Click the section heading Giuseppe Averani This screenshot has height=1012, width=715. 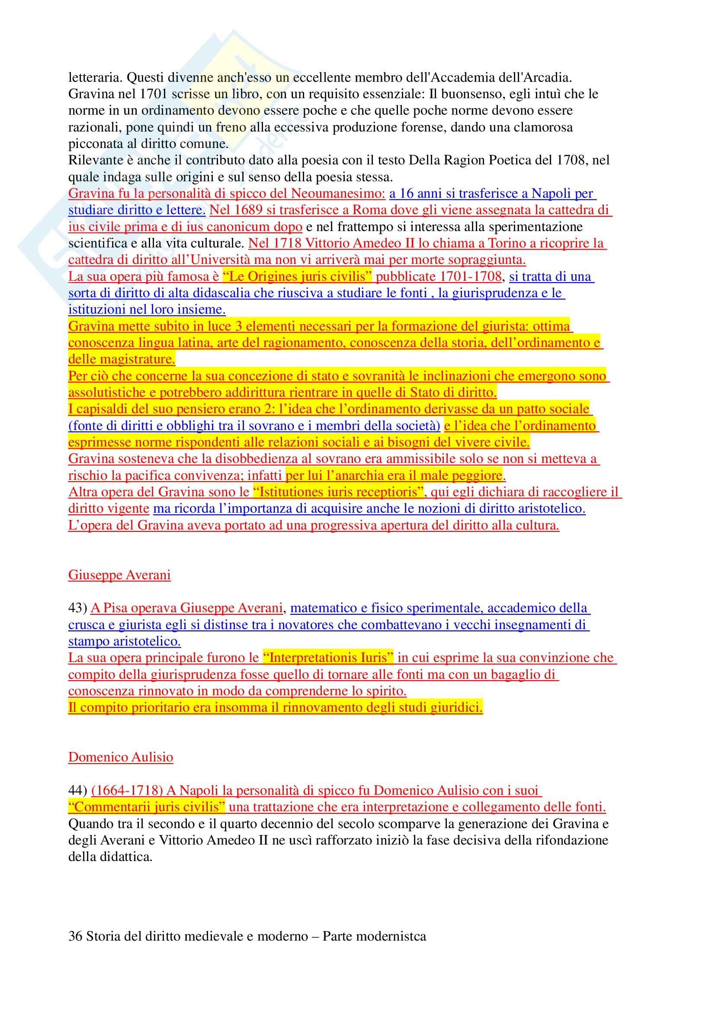point(119,575)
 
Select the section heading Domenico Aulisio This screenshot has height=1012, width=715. point(121,757)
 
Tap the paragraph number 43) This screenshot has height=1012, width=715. point(77,608)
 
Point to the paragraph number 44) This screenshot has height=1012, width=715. point(77,790)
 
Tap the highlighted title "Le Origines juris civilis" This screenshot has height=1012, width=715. point(297,276)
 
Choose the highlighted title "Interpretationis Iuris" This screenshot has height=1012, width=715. point(328,658)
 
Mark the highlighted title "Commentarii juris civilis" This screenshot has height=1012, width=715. point(147,807)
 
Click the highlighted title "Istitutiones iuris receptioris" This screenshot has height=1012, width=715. point(338,492)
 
